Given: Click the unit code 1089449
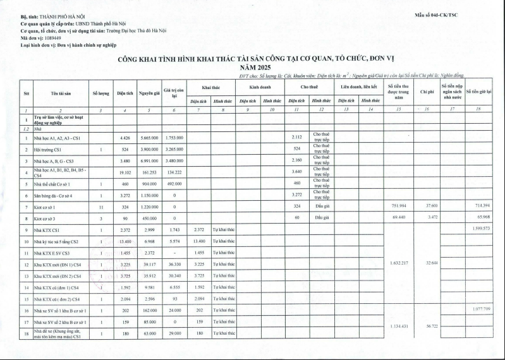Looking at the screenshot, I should [58, 38].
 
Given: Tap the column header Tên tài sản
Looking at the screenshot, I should [61, 93].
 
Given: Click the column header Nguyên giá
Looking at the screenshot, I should [149, 93].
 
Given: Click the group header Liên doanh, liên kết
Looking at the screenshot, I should [359, 87].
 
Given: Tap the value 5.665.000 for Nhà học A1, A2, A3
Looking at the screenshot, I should [149, 138].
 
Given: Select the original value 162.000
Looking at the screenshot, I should [149, 311].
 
